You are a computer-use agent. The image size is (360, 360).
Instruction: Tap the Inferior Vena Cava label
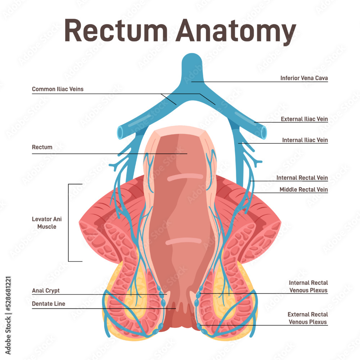304,78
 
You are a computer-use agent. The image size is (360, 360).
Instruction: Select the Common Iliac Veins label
58,89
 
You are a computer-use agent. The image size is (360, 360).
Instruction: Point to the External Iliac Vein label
304,119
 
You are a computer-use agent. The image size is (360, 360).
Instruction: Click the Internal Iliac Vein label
305,140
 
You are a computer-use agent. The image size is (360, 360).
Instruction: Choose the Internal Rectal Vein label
302,178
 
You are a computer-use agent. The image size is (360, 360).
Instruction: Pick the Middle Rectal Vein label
303,190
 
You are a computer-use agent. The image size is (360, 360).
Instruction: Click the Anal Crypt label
46,291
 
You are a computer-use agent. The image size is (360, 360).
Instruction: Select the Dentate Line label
49,304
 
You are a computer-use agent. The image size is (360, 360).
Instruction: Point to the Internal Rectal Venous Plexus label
308,287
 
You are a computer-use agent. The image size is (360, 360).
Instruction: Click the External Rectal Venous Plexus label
308,318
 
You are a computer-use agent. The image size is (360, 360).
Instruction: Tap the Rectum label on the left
42,147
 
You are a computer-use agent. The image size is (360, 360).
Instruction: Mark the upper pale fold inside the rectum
184,177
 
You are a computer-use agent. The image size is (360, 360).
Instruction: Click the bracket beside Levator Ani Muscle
69,222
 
